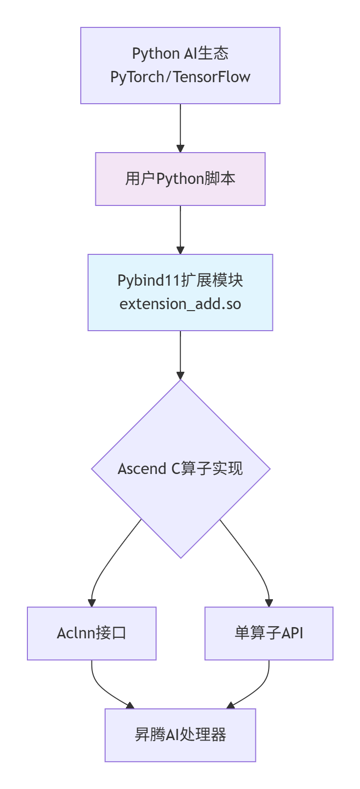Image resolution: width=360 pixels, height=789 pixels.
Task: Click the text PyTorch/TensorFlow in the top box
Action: [x=180, y=77]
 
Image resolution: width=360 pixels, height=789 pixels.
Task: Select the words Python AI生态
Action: [x=180, y=53]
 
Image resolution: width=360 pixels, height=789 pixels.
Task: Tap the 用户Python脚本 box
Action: [x=180, y=179]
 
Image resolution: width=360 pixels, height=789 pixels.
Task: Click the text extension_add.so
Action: [x=180, y=304]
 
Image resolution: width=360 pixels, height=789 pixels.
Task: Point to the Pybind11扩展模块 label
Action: [x=180, y=280]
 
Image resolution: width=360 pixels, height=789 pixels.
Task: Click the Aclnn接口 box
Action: [x=91, y=633]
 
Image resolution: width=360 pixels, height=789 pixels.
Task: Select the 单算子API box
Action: [x=269, y=633]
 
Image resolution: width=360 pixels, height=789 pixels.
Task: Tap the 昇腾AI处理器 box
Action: [x=180, y=735]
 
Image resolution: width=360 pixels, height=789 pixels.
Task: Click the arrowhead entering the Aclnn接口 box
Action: [x=91, y=603]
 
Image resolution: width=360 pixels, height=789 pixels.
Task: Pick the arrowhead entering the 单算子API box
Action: [x=269, y=603]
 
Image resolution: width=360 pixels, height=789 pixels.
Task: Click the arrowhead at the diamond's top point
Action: [x=180, y=376]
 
